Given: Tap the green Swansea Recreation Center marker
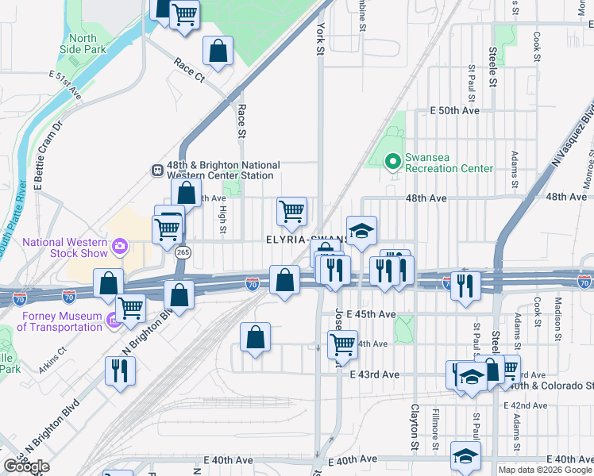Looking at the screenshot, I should [391, 162].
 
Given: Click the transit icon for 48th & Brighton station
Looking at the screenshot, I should [157, 170].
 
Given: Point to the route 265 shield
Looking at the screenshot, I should [183, 251].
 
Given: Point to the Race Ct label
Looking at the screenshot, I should [189, 70].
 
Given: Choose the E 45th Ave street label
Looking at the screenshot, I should [371, 315].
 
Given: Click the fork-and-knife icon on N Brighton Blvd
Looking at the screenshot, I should [120, 370].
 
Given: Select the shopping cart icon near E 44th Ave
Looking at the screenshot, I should [342, 345].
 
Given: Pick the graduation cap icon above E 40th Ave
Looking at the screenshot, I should [465, 455].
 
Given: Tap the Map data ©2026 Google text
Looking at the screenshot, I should [544, 470].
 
